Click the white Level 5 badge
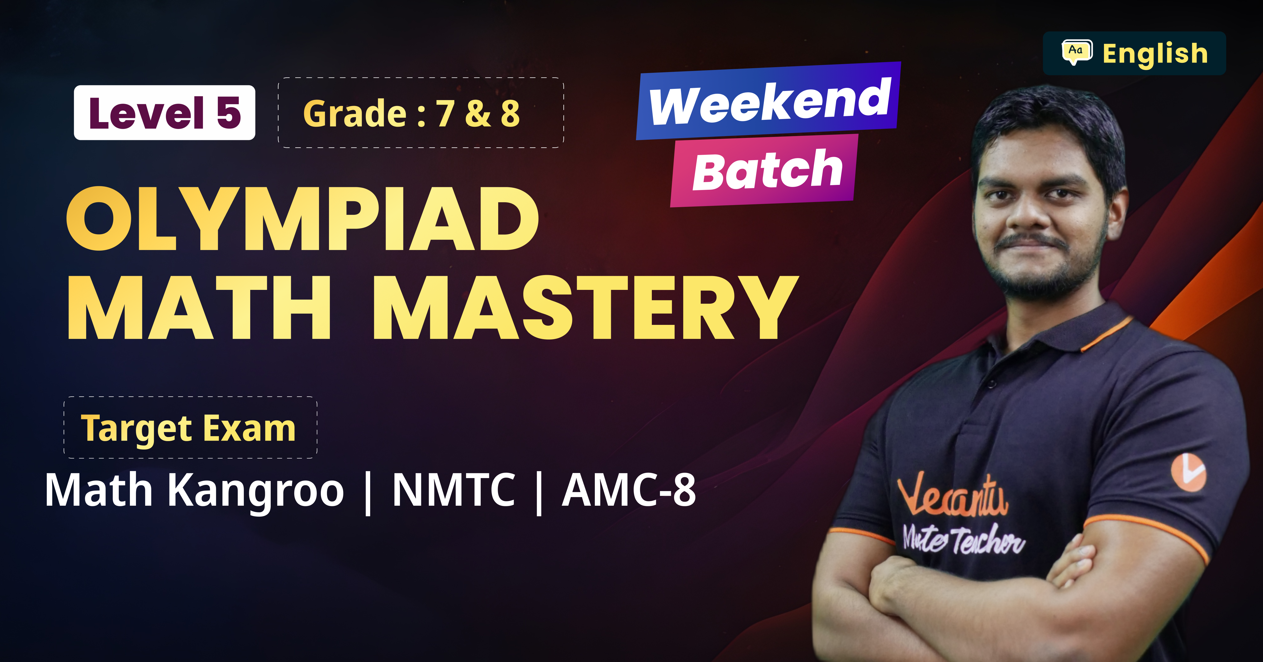pos(164,113)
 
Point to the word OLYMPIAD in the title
pos(302,219)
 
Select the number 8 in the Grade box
pos(510,114)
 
